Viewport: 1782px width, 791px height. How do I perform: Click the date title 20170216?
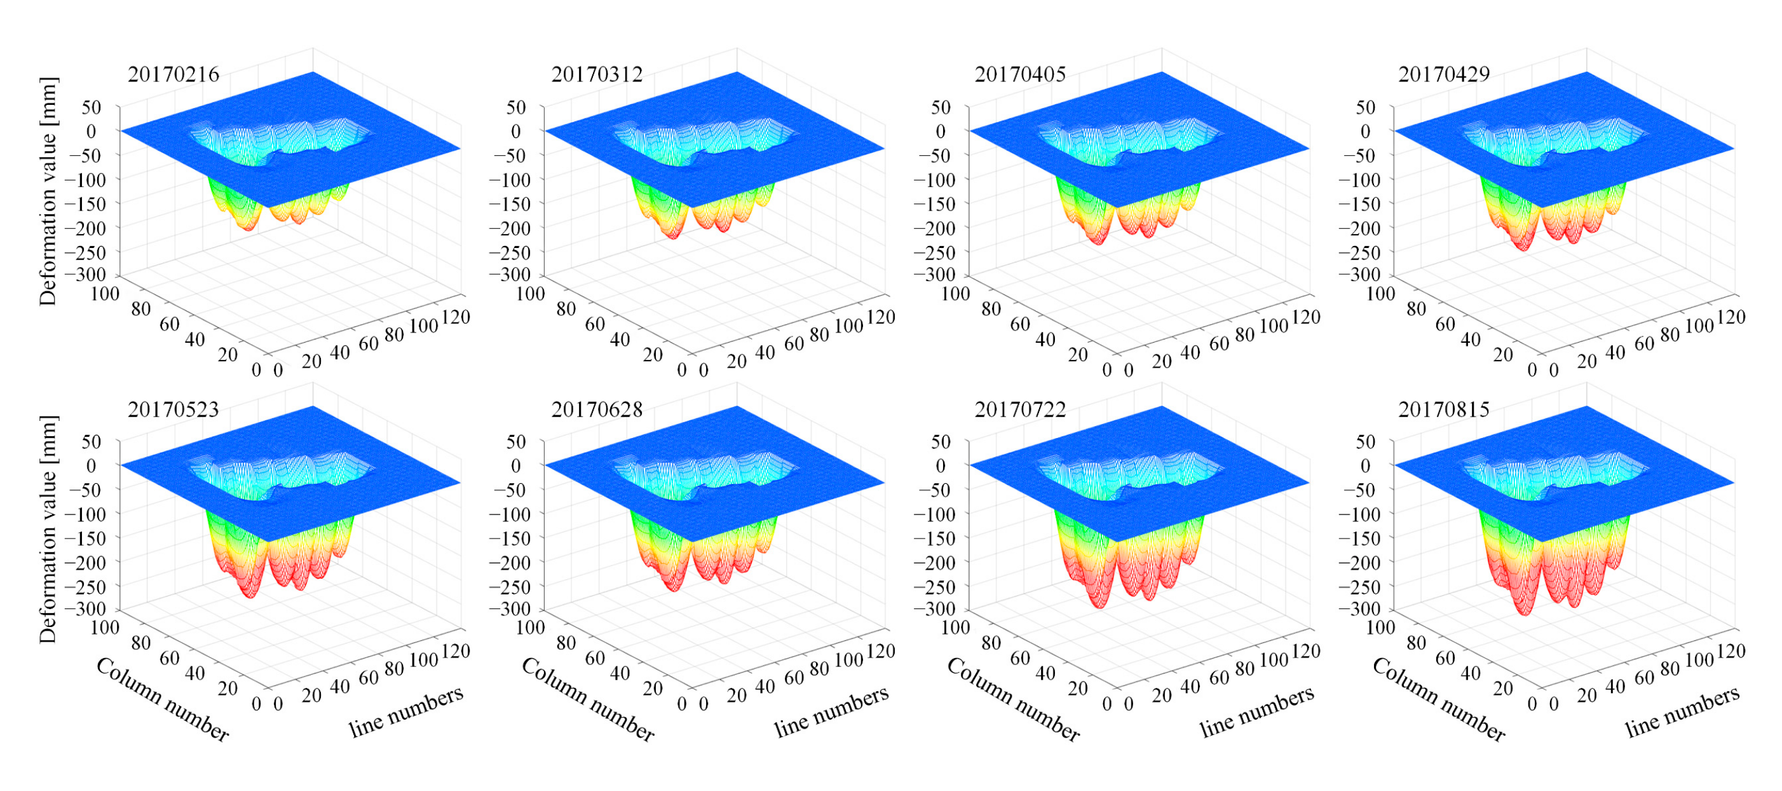coord(173,74)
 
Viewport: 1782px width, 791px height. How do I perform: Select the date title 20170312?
coord(596,74)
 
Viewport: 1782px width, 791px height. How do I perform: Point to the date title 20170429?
coord(1444,74)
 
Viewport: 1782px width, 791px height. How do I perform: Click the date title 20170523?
coord(173,409)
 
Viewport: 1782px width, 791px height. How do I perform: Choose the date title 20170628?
coord(596,409)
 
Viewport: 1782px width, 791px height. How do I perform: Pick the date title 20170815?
coord(1444,409)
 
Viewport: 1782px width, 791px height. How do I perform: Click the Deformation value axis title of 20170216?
coord(48,191)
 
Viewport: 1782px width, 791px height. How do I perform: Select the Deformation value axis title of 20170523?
coord(48,530)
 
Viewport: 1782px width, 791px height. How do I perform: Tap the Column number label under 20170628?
coord(587,699)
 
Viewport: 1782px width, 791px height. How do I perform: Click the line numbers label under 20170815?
coord(1682,712)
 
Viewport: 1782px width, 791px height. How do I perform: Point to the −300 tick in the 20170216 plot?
coord(85,274)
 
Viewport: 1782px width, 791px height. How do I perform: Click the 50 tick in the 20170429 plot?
coord(1366,107)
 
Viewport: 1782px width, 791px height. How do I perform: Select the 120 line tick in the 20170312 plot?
coord(881,317)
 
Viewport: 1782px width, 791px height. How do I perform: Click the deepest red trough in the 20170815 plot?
coord(1525,610)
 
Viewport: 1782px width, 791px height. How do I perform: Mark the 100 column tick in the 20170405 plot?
coord(955,293)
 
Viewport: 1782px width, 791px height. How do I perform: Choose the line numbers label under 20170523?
coord(406,712)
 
